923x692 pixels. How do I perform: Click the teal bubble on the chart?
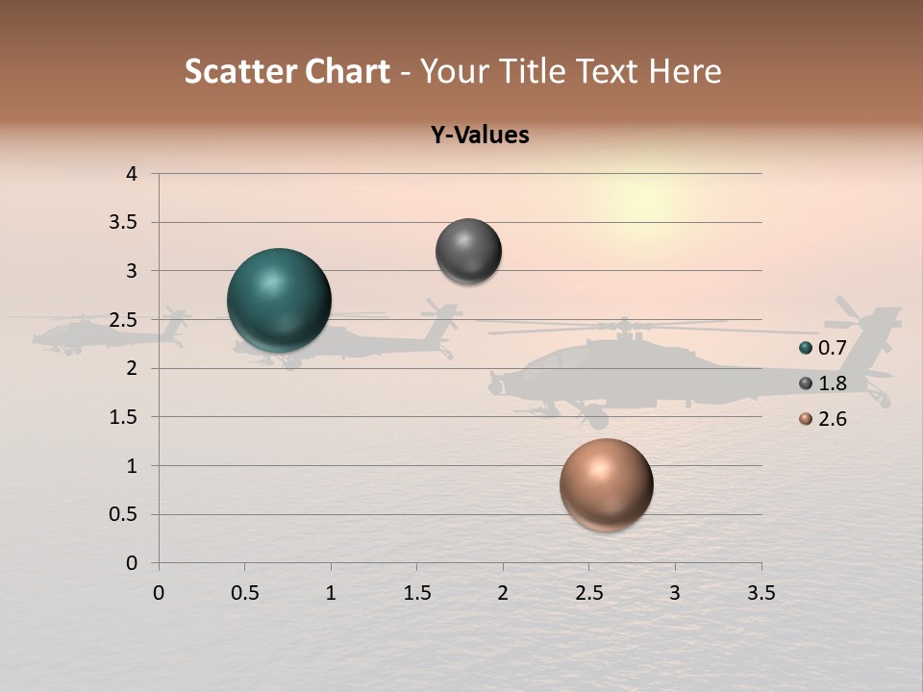click(279, 301)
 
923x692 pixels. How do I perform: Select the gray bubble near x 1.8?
click(468, 251)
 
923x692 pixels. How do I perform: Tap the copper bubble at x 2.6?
click(606, 484)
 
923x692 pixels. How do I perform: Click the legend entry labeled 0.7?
click(832, 348)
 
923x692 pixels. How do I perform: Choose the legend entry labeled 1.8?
click(832, 383)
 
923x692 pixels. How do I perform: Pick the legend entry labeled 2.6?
click(832, 419)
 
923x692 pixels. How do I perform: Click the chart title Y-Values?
click(480, 136)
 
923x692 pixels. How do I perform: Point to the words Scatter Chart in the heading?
click(287, 71)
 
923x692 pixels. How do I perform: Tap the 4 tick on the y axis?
click(132, 174)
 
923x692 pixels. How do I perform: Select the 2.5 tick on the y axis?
click(122, 320)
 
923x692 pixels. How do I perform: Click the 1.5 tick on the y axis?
click(122, 417)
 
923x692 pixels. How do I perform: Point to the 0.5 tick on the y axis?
click(122, 514)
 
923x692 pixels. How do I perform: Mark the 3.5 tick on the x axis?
click(761, 593)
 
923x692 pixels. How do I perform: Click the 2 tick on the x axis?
click(503, 593)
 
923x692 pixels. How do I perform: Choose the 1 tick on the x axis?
click(331, 593)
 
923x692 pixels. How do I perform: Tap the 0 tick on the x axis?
click(159, 593)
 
